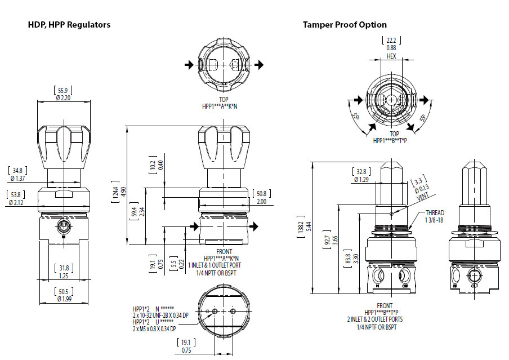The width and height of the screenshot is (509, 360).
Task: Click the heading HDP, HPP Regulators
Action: tap(69, 25)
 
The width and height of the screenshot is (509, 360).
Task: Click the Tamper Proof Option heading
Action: tap(345, 25)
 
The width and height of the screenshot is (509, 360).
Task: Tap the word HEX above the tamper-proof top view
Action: tap(391, 56)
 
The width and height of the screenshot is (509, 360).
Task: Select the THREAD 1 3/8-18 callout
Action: tap(435, 217)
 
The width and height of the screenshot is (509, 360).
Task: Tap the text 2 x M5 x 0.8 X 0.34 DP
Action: tap(154, 328)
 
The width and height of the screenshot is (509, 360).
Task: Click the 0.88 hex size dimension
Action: tap(391, 48)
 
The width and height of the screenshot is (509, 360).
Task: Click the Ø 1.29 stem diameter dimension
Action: tap(360, 179)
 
